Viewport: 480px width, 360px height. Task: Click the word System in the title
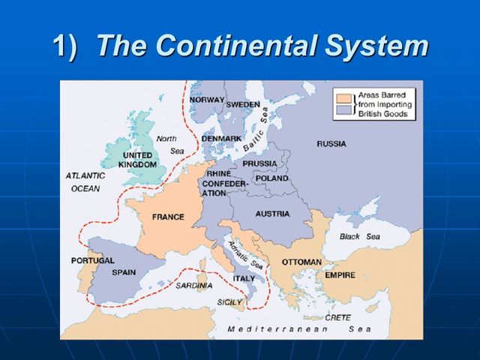coord(376,46)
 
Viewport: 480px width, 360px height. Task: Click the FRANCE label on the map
coord(168,217)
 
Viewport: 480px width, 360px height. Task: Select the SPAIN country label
coord(124,272)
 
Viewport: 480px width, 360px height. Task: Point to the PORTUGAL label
coord(93,260)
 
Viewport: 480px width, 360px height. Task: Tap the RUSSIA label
coord(331,143)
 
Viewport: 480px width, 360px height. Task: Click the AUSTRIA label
coord(272,214)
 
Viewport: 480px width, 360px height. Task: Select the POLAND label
coord(271,178)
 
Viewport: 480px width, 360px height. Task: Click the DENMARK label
coord(221,139)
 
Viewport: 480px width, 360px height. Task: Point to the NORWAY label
coord(207,100)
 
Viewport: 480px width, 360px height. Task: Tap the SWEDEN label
coord(243,104)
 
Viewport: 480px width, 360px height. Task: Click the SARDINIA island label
coord(193,286)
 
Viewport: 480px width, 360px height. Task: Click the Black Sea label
coord(360,236)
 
